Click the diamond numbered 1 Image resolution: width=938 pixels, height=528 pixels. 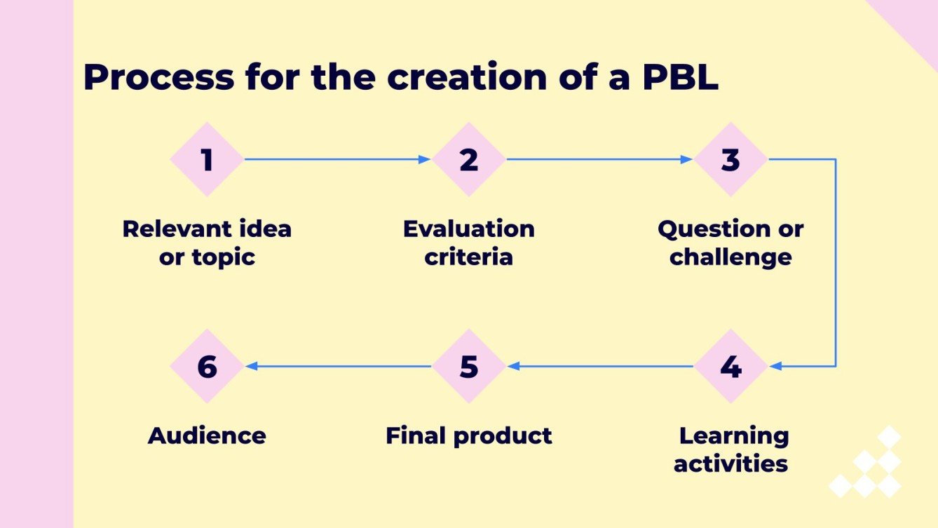[207, 159]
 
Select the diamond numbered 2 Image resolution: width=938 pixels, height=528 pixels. [468, 159]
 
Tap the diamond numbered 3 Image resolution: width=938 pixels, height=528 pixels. [730, 159]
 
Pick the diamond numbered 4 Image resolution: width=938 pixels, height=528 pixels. [730, 366]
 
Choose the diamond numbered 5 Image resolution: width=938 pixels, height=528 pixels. [468, 366]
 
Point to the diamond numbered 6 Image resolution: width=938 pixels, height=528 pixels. [207, 366]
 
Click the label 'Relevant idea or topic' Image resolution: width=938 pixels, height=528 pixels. [207, 243]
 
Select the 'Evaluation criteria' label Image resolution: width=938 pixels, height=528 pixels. [468, 243]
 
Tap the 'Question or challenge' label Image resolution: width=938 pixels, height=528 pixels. [730, 243]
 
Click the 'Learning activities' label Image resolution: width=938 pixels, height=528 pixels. [732, 449]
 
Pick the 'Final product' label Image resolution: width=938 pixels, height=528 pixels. [468, 435]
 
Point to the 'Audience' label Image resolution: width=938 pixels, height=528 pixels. [207, 435]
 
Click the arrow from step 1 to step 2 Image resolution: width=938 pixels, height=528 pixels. [337, 159]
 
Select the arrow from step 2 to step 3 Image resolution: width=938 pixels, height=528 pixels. [599, 159]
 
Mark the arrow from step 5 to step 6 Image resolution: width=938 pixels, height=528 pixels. [337, 366]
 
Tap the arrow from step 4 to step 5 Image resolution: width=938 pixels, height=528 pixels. [599, 366]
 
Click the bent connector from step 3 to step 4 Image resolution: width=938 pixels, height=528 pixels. [836, 263]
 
